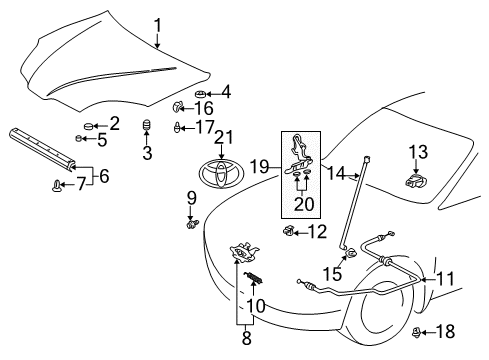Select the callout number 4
coord(225,92)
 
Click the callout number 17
coord(204,128)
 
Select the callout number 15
coord(337,271)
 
